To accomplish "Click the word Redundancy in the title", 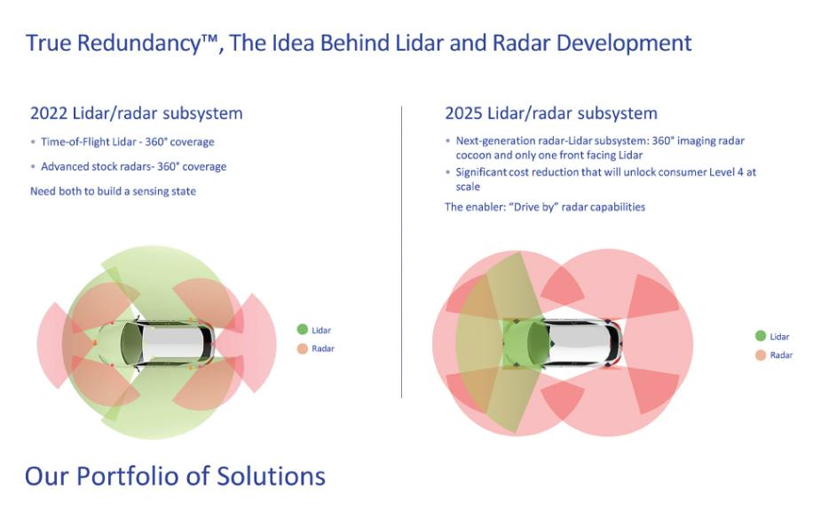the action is pyautogui.click(x=139, y=44).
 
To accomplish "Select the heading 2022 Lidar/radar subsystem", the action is pyautogui.click(x=137, y=114).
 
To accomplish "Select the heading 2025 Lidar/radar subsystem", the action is pyautogui.click(x=551, y=114).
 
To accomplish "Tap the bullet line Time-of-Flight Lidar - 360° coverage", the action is pyautogui.click(x=128, y=141).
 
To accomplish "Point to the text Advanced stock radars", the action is pyautogui.click(x=97, y=167).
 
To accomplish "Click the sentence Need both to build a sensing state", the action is pyautogui.click(x=113, y=191).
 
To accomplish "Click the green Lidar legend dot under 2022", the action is pyautogui.click(x=303, y=329).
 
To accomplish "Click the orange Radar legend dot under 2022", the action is pyautogui.click(x=303, y=348).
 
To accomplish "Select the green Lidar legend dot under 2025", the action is pyautogui.click(x=761, y=336).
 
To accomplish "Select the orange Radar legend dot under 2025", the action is pyautogui.click(x=761, y=356).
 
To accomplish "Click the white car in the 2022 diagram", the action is pyautogui.click(x=156, y=342).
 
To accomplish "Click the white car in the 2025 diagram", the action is pyautogui.click(x=564, y=343).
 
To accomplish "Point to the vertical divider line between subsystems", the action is pyautogui.click(x=402, y=252).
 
